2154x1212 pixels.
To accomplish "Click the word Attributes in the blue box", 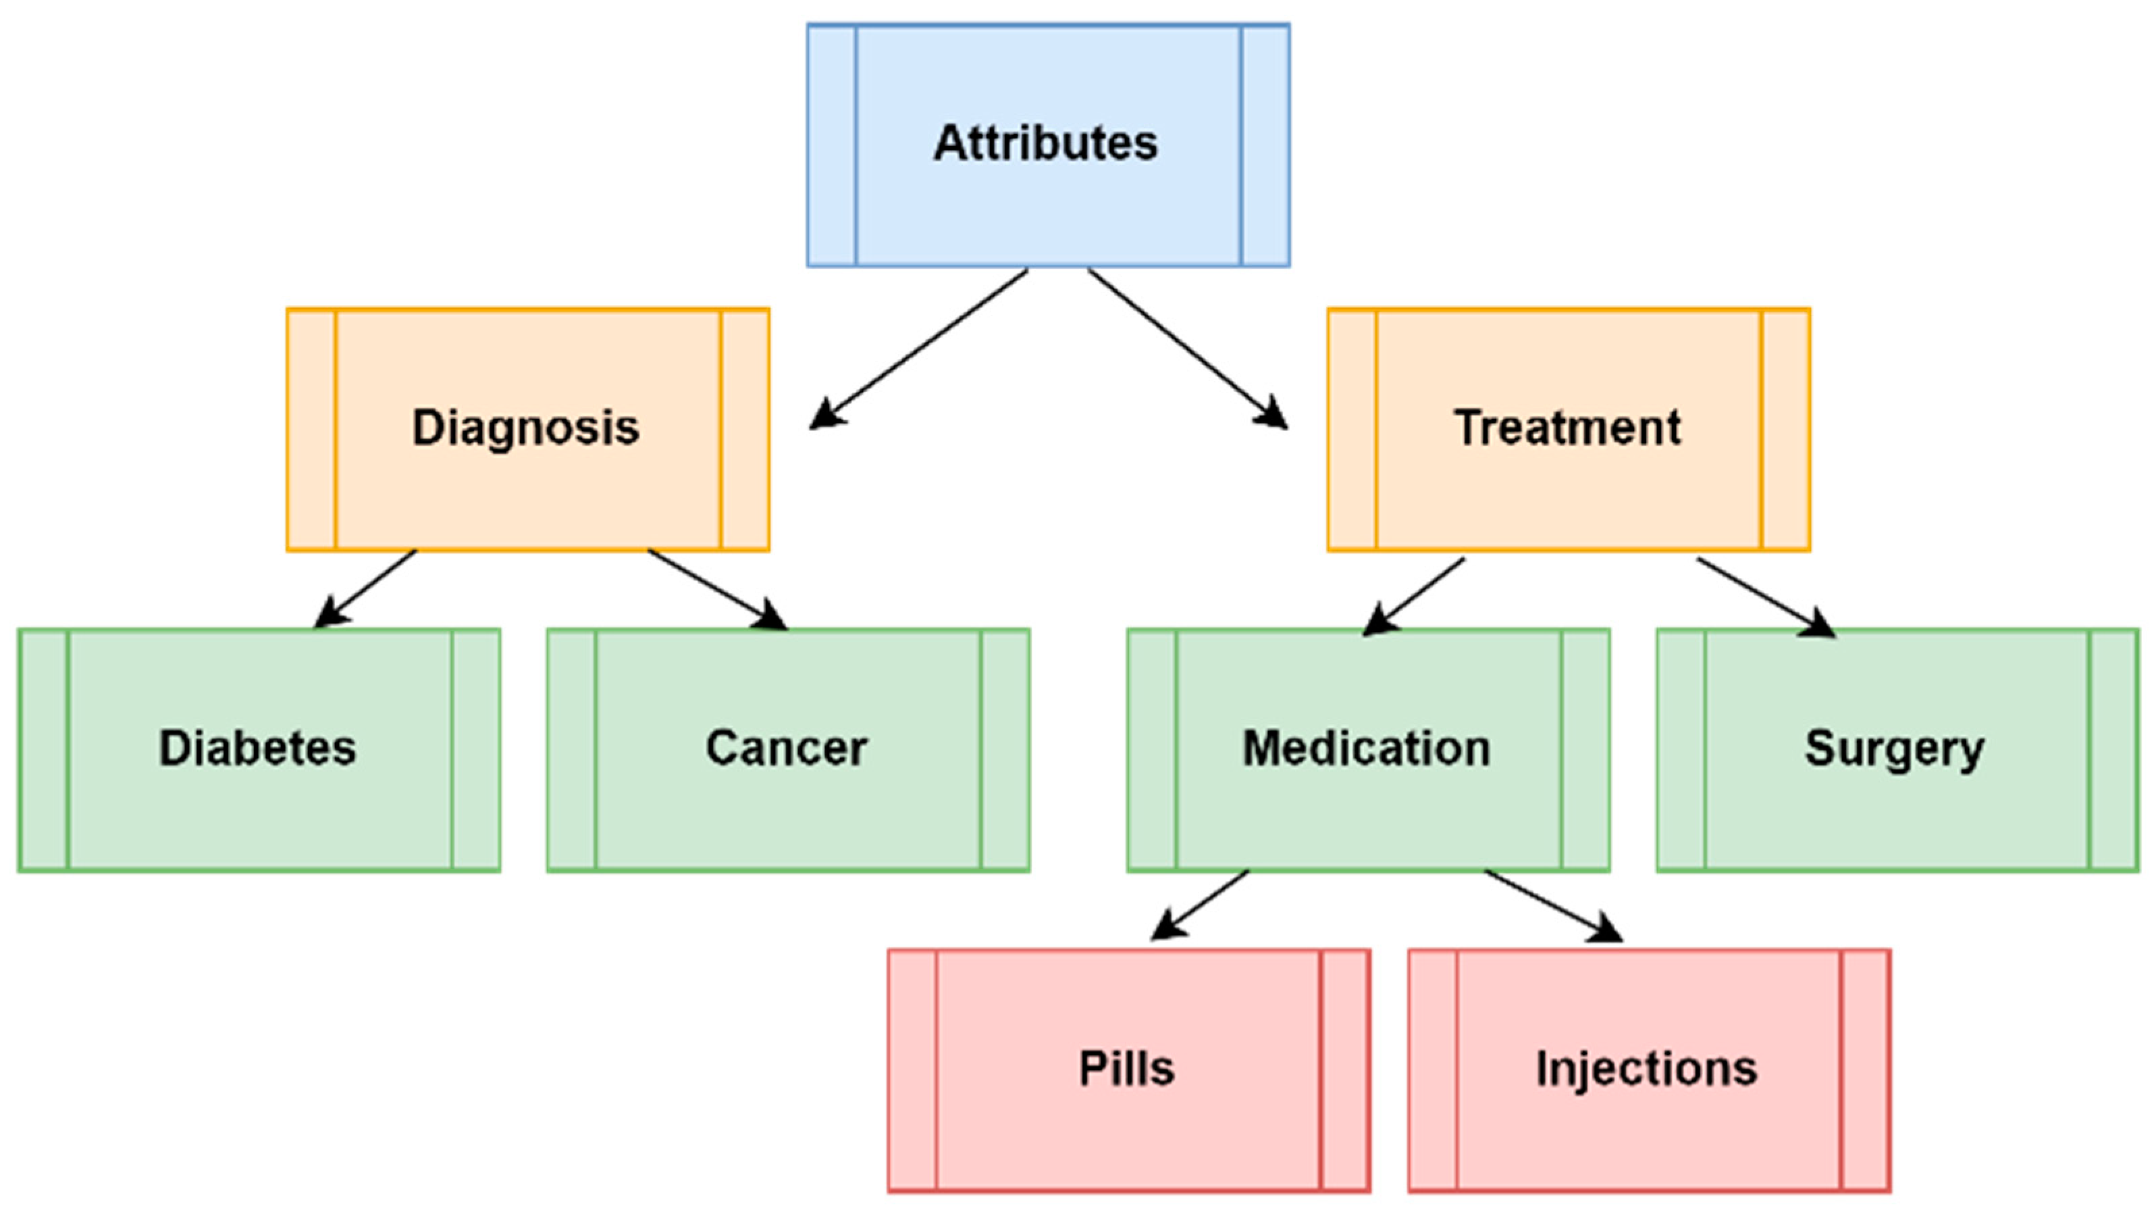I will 1045,143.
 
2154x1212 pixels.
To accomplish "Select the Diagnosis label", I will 526,428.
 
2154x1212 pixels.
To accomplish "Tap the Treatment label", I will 1568,428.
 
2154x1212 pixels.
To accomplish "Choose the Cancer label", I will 787,748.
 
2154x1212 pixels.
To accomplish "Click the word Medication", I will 1366,748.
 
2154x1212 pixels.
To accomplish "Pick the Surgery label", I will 1894,749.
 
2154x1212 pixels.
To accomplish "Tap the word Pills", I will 1126,1068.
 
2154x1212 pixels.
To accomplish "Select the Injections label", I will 1646,1069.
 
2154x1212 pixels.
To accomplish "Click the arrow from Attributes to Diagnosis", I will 920,348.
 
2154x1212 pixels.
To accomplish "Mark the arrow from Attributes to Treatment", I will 1187,348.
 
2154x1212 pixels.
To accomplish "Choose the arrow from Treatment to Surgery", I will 1764,597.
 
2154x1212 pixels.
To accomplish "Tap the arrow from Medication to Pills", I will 1201,905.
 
